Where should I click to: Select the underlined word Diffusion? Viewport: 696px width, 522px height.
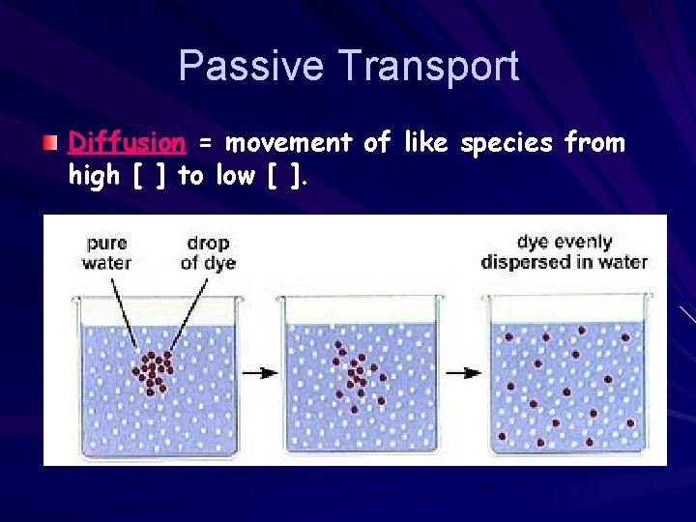click(x=127, y=143)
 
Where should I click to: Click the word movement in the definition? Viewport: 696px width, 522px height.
click(x=287, y=143)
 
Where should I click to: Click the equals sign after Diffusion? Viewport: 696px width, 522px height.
click(x=204, y=144)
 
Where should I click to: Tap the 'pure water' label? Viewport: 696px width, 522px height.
click(x=107, y=252)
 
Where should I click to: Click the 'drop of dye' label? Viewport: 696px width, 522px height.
click(x=208, y=252)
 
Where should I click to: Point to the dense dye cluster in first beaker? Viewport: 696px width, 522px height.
click(x=153, y=372)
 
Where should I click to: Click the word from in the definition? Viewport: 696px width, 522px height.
click(x=594, y=143)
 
